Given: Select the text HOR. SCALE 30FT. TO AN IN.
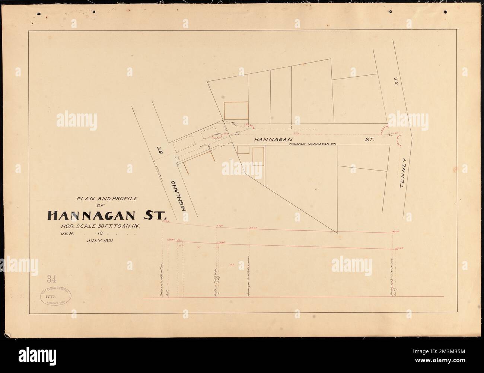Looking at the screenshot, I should [103, 226].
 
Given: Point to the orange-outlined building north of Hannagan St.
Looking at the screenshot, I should [236, 111].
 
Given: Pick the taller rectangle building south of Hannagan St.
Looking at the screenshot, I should [258, 156].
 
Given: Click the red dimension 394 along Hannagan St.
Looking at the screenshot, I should [296, 133].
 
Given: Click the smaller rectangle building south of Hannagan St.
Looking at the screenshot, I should [243, 150].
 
